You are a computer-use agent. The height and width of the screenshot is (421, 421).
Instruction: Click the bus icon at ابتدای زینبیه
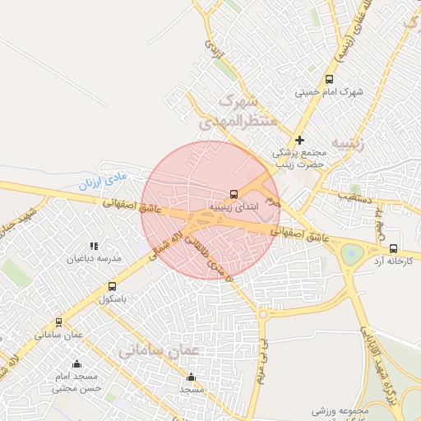[234, 195]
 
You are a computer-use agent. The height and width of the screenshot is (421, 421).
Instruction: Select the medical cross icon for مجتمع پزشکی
[300, 141]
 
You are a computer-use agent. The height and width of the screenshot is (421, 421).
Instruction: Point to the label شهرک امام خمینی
[329, 92]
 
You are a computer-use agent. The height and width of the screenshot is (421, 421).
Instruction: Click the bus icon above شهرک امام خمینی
[329, 80]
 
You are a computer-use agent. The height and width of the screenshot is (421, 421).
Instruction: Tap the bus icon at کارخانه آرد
[393, 248]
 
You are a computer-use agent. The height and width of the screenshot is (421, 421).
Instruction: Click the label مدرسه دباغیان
[97, 258]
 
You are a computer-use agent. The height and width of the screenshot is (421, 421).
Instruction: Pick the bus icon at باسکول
[112, 286]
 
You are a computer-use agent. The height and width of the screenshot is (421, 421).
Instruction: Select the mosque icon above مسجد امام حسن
[77, 363]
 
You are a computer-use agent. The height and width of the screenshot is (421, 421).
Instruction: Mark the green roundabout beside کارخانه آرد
[352, 254]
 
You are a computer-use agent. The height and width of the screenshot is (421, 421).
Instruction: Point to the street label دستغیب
[354, 198]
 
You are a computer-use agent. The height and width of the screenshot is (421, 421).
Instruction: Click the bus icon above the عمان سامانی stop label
[58, 322]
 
